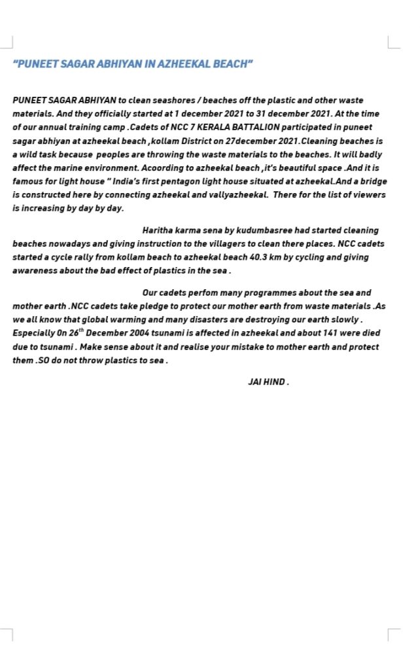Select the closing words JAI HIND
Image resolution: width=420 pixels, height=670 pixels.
pos(268,381)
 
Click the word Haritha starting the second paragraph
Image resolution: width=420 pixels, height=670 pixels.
pos(159,230)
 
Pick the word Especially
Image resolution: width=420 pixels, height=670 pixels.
pos(35,333)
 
